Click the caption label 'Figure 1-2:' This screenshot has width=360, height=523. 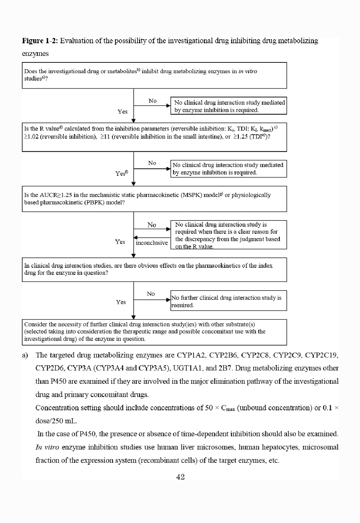coord(40,41)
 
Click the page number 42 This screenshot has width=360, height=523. coord(180,477)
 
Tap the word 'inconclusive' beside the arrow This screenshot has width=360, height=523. coord(152,243)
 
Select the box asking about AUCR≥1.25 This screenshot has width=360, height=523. coord(154,199)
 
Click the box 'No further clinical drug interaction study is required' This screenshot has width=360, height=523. coord(228,301)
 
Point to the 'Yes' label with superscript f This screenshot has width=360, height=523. coord(122,174)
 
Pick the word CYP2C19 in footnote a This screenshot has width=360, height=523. coord(321,355)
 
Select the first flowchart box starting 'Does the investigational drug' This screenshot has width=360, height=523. coord(154,75)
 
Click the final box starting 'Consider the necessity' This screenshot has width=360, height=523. coord(154,332)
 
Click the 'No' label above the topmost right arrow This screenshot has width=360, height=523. coord(153,101)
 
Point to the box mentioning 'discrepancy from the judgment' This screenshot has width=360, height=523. coord(228,235)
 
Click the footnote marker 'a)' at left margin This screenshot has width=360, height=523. coord(25,355)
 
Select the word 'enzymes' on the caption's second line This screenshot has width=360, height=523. coord(35,54)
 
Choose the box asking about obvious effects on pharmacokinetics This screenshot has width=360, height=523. coord(154,270)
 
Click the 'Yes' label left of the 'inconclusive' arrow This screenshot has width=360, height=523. coord(120,242)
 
